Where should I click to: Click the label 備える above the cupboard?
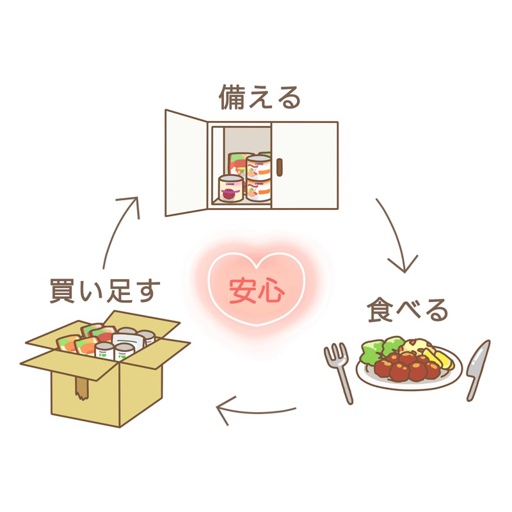click(x=260, y=97)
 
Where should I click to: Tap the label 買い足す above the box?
click(x=105, y=291)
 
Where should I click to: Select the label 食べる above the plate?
click(x=407, y=310)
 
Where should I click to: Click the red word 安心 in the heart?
click(x=257, y=291)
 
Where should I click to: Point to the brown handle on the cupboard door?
click(x=280, y=167)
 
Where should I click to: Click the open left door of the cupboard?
click(x=186, y=163)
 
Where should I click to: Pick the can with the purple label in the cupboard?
click(x=231, y=189)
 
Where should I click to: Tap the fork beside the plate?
click(x=340, y=372)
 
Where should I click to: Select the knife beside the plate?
click(x=478, y=370)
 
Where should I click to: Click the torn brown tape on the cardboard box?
click(x=81, y=388)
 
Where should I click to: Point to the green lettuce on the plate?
click(x=380, y=349)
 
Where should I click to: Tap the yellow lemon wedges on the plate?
click(x=438, y=358)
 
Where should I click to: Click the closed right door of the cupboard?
click(x=305, y=165)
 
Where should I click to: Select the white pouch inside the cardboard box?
click(x=129, y=341)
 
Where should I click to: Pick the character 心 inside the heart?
click(x=271, y=291)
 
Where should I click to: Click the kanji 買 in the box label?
click(x=61, y=291)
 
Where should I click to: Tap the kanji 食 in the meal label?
click(x=380, y=310)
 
